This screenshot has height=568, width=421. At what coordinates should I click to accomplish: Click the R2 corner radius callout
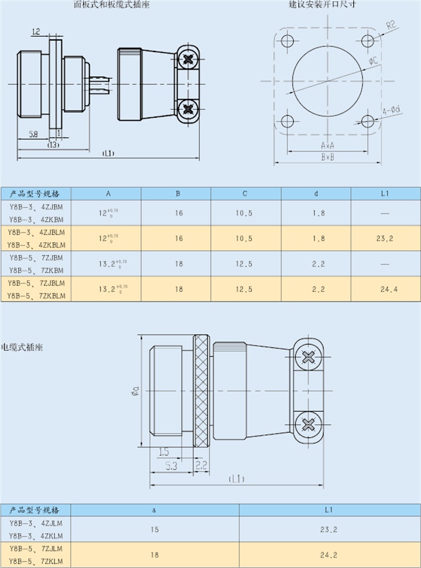391,25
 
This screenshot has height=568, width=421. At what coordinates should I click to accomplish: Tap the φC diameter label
372,61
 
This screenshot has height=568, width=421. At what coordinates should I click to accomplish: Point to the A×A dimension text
327,144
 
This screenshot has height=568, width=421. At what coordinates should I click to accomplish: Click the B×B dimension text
327,157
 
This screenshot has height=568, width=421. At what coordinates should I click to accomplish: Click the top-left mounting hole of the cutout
287,41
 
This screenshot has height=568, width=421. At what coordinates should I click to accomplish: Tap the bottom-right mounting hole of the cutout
368,121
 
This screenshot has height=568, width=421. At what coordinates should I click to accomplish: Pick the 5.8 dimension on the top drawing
33,135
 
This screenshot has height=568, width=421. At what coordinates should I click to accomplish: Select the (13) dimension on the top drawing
53,144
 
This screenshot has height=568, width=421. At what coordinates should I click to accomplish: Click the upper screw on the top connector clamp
188,59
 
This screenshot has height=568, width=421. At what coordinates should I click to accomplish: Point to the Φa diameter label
135,390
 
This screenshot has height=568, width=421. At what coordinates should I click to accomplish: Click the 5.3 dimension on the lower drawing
171,466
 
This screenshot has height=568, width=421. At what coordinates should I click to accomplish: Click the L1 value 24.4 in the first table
385,289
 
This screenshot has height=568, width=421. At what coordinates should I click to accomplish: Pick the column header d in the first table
316,193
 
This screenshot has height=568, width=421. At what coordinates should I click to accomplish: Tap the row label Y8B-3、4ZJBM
36,207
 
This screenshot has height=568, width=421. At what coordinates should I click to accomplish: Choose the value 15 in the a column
154,529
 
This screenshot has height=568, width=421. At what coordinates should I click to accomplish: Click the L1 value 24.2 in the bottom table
329,555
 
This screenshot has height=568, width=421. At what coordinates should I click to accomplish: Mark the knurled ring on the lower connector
202,390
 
